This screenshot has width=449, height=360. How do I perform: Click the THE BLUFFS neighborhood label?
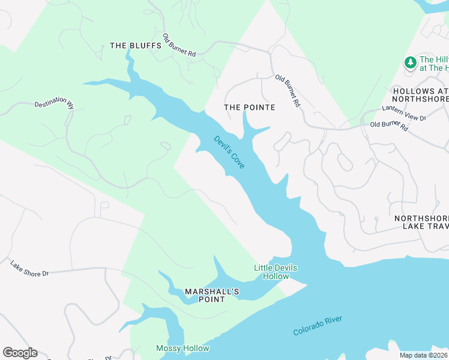click(x=135, y=46)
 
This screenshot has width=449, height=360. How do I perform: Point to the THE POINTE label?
click(x=249, y=107)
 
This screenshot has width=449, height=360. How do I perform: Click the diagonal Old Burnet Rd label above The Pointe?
click(x=288, y=91)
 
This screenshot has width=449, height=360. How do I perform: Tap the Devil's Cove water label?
click(x=229, y=152)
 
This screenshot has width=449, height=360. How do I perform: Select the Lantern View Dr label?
click(x=404, y=114)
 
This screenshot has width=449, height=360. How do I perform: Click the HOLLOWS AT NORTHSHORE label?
click(x=420, y=94)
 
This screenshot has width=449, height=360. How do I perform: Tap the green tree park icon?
click(x=410, y=62)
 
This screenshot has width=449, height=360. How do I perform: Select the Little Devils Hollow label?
click(x=275, y=272)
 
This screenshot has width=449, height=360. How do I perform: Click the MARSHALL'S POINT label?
click(x=212, y=295)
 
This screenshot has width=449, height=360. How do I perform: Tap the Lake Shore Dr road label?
click(x=29, y=268)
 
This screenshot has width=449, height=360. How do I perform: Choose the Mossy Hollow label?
click(x=182, y=349)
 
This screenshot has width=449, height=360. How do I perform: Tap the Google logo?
click(x=20, y=353)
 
